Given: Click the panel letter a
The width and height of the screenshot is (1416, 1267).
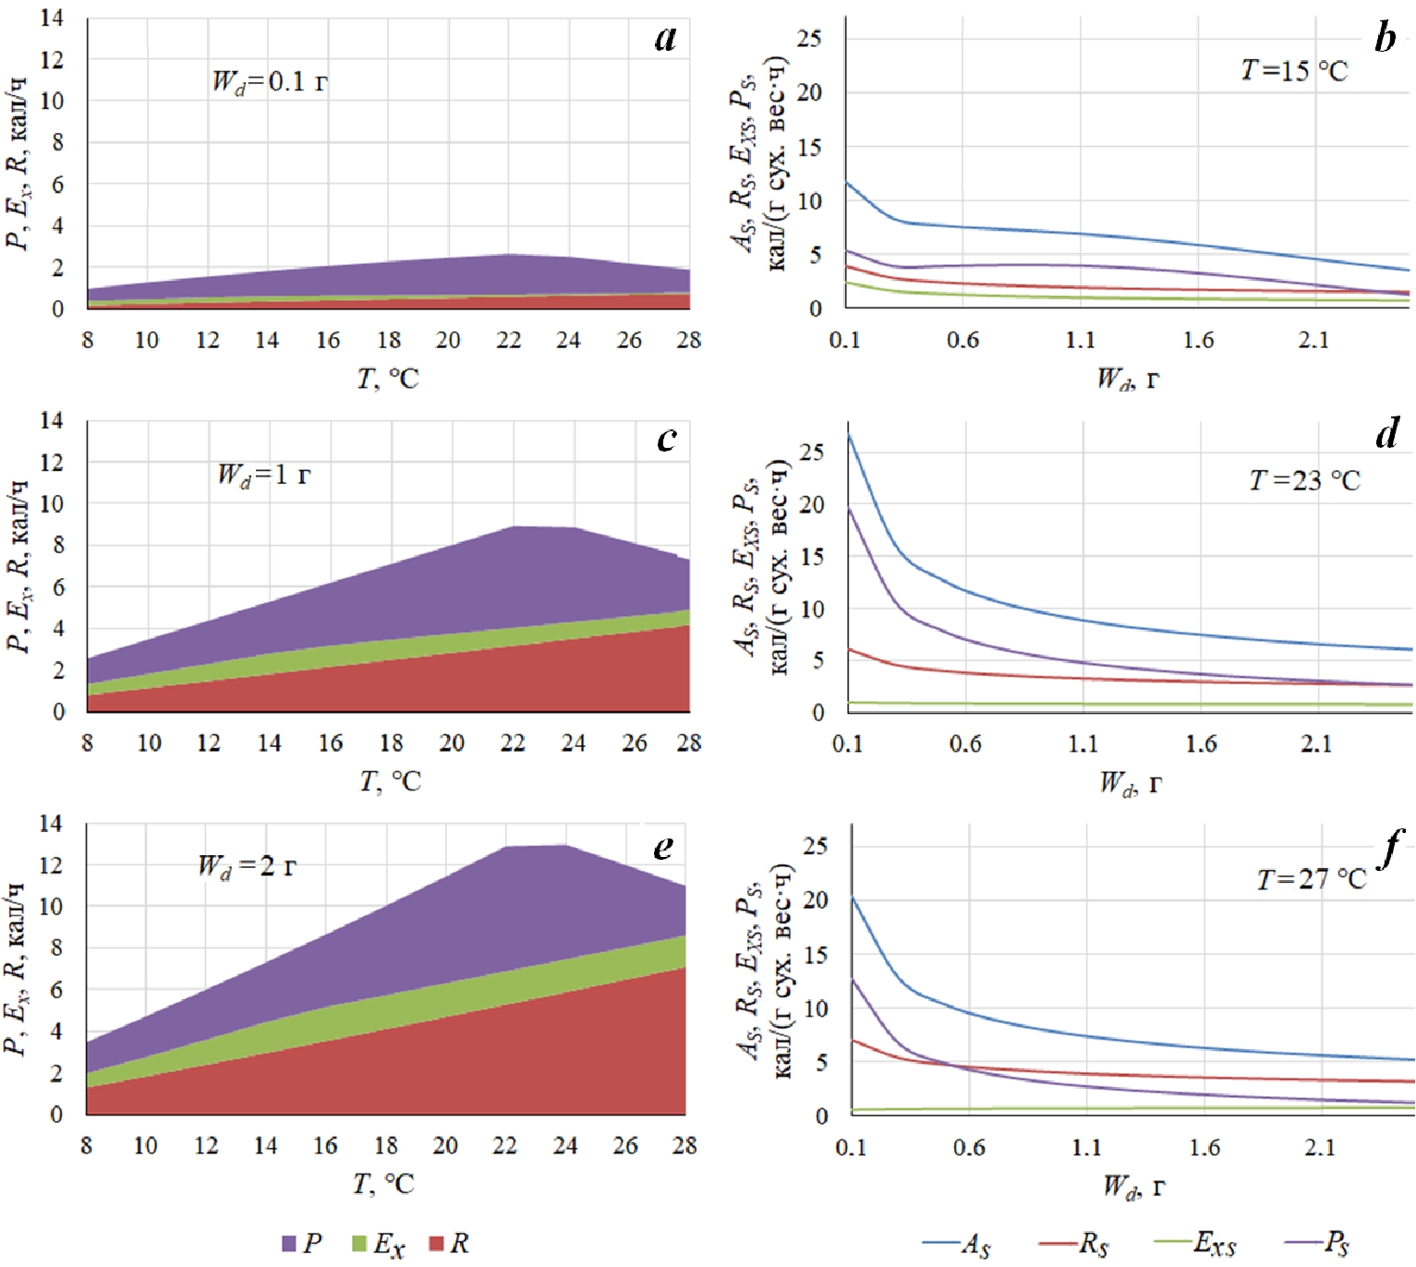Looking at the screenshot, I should (x=665, y=38).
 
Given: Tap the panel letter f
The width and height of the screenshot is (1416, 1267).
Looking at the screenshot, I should (x=1390, y=848).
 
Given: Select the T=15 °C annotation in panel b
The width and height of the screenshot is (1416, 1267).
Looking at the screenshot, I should (x=1293, y=70).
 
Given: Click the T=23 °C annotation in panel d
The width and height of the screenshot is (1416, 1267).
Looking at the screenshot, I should (x=1304, y=480).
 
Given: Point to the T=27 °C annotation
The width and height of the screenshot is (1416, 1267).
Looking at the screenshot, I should (x=1311, y=879).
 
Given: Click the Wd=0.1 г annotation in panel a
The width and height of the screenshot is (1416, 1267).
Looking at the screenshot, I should (x=270, y=83).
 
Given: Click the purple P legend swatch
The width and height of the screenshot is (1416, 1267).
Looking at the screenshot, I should (x=289, y=1244).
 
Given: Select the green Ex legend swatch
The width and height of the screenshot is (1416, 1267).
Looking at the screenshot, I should (x=359, y=1244).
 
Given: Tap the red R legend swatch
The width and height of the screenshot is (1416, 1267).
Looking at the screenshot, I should (x=437, y=1244).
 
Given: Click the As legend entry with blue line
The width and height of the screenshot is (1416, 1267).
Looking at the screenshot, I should (x=957, y=1244).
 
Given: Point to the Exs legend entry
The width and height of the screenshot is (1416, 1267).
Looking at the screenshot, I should (x=1196, y=1244).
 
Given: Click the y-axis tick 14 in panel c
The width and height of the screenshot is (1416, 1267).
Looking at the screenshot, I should (x=52, y=421).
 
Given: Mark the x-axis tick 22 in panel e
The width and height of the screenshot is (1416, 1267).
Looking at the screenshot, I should (x=504, y=1146).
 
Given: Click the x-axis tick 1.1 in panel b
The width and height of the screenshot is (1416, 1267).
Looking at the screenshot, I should (x=1080, y=341).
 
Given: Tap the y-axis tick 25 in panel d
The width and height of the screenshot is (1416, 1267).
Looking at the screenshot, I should (x=811, y=452).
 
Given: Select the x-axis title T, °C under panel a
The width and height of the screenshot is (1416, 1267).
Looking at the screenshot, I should (x=388, y=379).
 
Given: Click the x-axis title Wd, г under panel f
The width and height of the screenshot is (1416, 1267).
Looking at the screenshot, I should (x=1132, y=1188).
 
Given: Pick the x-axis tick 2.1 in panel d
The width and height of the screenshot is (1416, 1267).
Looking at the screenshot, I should (x=1316, y=744).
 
